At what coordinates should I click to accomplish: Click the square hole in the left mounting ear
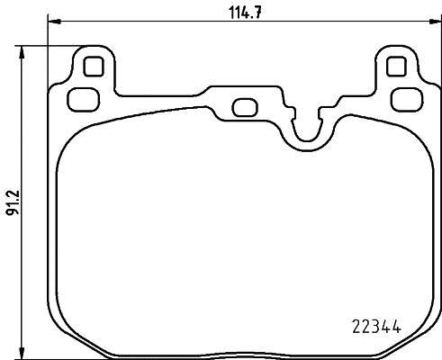point(91,67)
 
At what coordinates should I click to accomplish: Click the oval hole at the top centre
point(244,106)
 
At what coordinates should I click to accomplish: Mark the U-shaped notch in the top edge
point(306,126)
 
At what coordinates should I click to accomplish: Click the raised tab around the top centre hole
point(244,94)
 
